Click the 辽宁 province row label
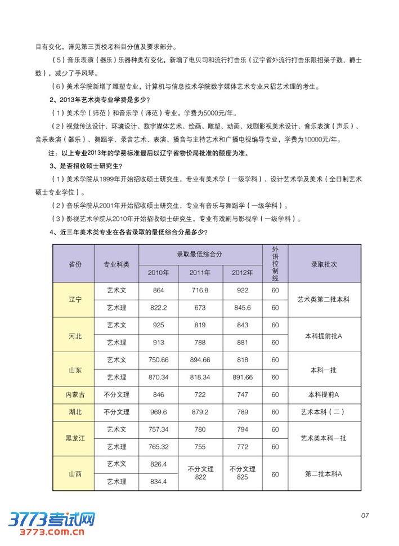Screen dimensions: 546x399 click(75, 299)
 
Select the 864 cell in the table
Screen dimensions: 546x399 click(158, 290)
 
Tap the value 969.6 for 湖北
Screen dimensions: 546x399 click(158, 412)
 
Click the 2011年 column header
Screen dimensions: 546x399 click(200, 273)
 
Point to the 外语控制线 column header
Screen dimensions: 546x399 click(275, 263)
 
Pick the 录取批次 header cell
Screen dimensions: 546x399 click(324, 263)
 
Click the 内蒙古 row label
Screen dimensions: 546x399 click(75, 395)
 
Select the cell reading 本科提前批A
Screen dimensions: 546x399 click(324, 335)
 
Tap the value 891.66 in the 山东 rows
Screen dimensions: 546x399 click(243, 377)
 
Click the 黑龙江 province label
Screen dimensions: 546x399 click(75, 438)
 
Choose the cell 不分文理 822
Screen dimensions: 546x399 click(201, 473)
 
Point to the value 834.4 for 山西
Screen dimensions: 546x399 click(158, 482)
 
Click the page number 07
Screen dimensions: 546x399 click(364, 515)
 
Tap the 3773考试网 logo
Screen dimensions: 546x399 click(51, 519)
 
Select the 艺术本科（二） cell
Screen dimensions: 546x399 click(324, 412)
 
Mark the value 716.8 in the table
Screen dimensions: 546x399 click(200, 290)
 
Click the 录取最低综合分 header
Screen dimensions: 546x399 click(200, 254)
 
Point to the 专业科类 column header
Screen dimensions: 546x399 click(116, 263)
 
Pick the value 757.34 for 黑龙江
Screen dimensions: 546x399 click(158, 429)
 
